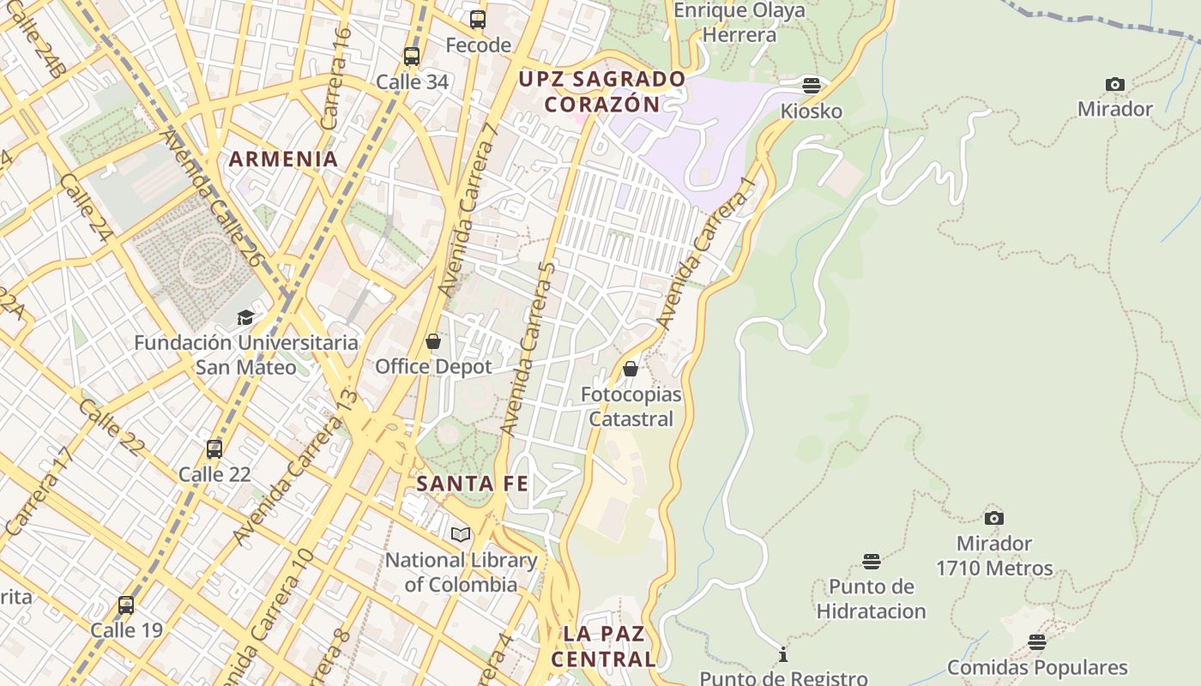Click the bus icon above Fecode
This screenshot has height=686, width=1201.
[478, 19]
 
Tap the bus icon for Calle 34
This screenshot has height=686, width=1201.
[412, 57]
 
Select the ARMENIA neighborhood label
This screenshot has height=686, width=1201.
[283, 159]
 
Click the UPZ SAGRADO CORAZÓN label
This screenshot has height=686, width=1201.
[602, 92]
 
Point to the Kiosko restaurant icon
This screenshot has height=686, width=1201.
[812, 85]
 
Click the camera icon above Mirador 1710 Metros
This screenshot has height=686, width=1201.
[994, 518]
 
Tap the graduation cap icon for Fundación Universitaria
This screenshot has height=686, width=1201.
[246, 317]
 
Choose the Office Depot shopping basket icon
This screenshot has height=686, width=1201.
[433, 341]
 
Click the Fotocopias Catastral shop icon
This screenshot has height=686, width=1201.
[631, 369]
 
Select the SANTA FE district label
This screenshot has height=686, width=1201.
[472, 484]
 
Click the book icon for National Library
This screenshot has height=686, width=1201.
[461, 534]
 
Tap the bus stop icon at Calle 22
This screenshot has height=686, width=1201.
[214, 448]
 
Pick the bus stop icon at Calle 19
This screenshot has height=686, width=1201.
[126, 605]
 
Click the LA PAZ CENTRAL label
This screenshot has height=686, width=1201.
[603, 647]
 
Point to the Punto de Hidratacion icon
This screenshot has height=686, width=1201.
[872, 562]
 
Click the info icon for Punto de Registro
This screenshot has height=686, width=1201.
[782, 655]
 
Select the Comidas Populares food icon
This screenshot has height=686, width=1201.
[1037, 642]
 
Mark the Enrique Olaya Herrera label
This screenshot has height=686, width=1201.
[739, 22]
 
